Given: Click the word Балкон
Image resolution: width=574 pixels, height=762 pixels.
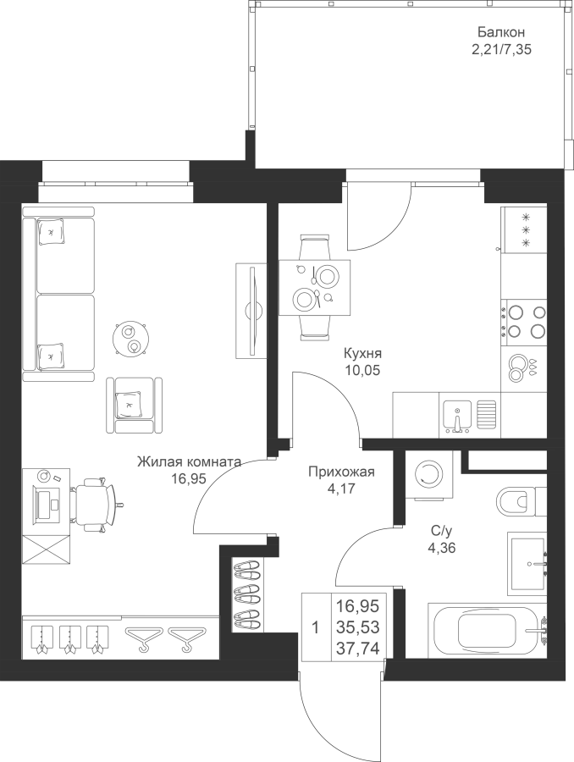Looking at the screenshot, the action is [500, 32].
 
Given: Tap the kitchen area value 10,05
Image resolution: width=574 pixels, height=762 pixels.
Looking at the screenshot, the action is [362, 370].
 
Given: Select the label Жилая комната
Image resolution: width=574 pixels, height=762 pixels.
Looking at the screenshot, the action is [189, 461].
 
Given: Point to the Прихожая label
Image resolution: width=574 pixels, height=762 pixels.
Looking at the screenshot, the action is [341, 472].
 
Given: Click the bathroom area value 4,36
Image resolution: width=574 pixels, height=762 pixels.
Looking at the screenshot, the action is [441, 549].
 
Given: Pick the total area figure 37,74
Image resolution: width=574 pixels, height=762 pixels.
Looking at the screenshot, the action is [358, 648].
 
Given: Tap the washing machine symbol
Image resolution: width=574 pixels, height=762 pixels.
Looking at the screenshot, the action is [428, 475].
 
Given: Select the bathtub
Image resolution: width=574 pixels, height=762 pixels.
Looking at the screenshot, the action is [487, 630].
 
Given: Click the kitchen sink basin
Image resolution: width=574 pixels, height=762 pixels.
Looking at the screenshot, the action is [457, 416].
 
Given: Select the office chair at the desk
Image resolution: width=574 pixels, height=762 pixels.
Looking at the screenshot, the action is [96, 504].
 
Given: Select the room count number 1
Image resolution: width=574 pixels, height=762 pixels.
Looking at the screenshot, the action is [316, 628].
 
